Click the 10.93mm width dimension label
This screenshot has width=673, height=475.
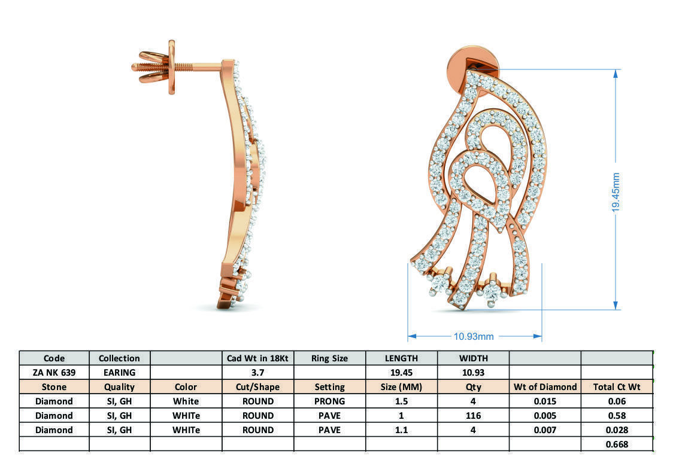(473, 336)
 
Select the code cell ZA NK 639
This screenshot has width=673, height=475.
(54, 372)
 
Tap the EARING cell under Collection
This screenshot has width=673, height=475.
(119, 372)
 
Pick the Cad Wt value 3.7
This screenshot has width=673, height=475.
(257, 372)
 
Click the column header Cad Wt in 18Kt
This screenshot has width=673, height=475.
(257, 358)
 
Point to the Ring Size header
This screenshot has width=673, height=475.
(329, 358)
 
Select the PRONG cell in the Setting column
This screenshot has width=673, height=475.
(329, 401)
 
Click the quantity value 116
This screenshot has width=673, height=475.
(473, 415)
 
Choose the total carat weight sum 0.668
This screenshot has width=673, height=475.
(616, 444)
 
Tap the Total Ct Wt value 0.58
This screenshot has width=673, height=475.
(616, 415)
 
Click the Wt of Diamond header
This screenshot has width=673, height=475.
(545, 386)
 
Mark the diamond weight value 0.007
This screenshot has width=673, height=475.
(545, 430)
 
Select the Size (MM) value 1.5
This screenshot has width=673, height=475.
(401, 401)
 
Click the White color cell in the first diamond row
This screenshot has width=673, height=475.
(186, 401)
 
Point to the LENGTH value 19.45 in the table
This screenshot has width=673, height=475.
(401, 372)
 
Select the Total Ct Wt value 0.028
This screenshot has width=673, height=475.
(616, 430)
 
